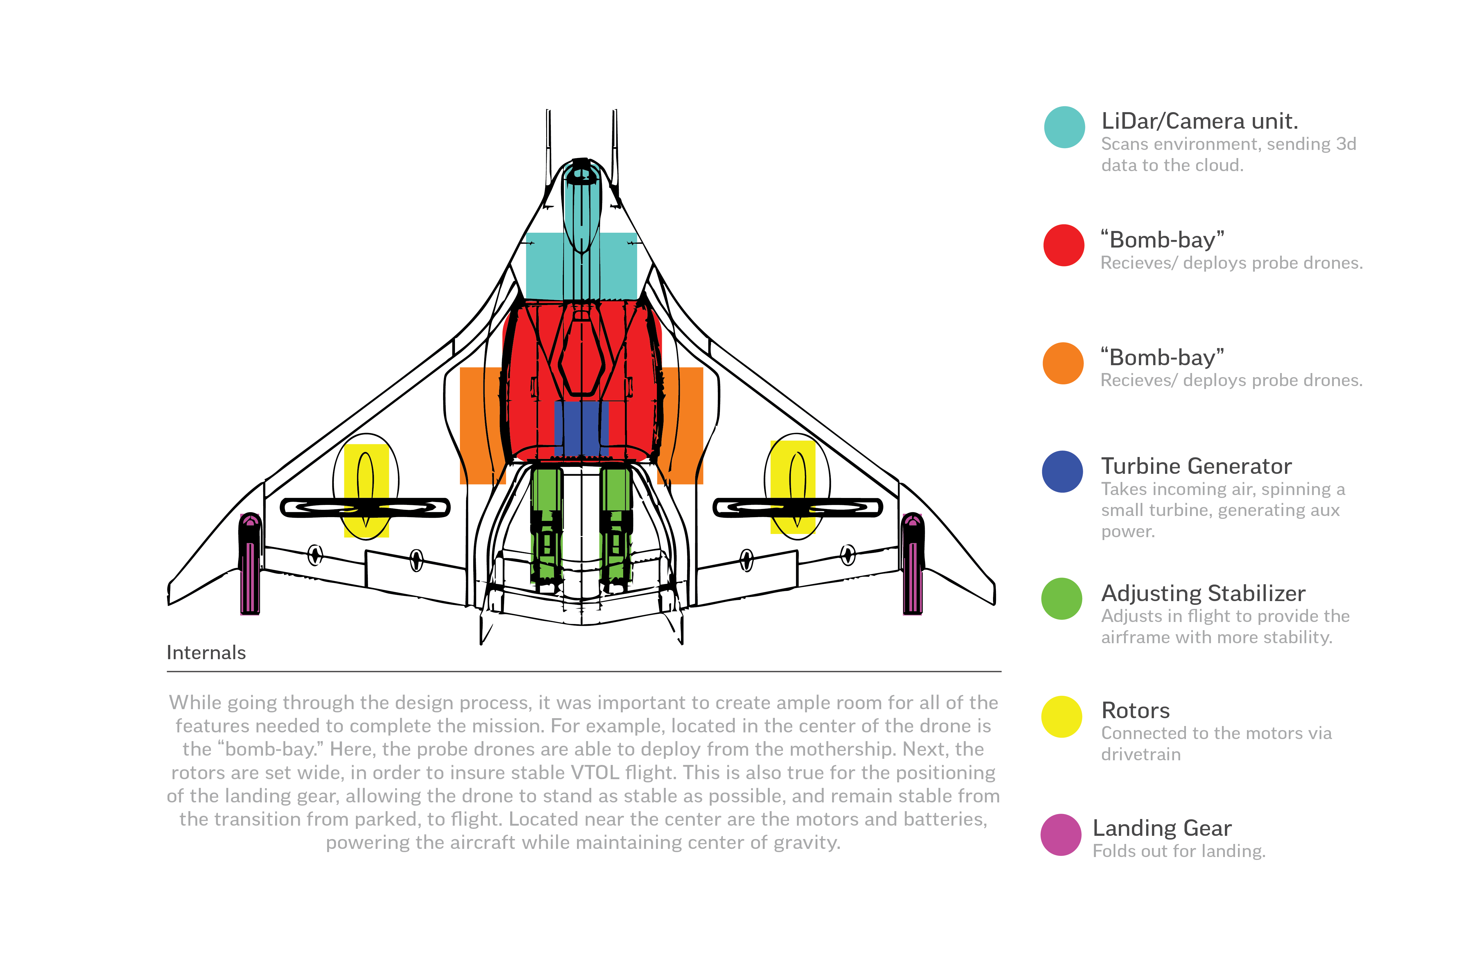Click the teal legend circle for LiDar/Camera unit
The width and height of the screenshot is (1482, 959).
1064,127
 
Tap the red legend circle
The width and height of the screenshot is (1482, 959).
1064,245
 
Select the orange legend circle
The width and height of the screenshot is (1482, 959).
1063,363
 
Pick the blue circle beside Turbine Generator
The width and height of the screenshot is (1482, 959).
1062,472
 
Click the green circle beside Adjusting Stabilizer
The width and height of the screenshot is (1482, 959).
1062,598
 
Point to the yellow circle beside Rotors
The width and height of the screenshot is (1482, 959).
1062,716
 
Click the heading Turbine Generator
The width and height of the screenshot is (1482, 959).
1196,466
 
